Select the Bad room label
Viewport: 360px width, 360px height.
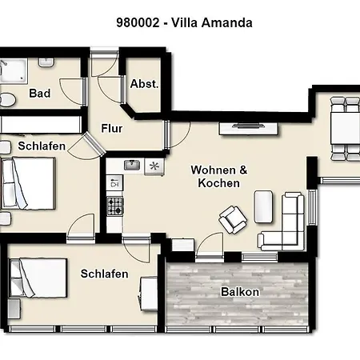click(x=40, y=94)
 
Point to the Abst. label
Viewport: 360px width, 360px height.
click(x=144, y=84)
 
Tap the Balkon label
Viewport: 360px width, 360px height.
click(x=240, y=292)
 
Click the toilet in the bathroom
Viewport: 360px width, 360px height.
click(x=7, y=100)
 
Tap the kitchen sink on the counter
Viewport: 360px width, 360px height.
click(x=133, y=166)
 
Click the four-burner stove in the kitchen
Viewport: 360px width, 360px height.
click(x=114, y=206)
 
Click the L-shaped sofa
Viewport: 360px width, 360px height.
click(x=286, y=224)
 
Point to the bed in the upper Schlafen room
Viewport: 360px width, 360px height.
click(x=28, y=184)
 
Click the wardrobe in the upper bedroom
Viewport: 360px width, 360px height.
click(x=40, y=125)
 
